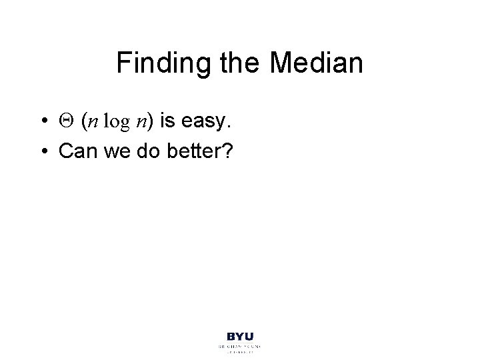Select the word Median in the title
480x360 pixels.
click(x=321, y=64)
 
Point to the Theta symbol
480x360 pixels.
click(x=65, y=121)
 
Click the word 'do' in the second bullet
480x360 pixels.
click(x=145, y=151)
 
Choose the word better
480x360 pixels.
click(x=191, y=151)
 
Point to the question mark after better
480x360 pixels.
click(x=226, y=151)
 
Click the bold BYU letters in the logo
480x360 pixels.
click(x=240, y=337)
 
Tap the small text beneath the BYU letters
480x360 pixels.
click(x=240, y=349)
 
